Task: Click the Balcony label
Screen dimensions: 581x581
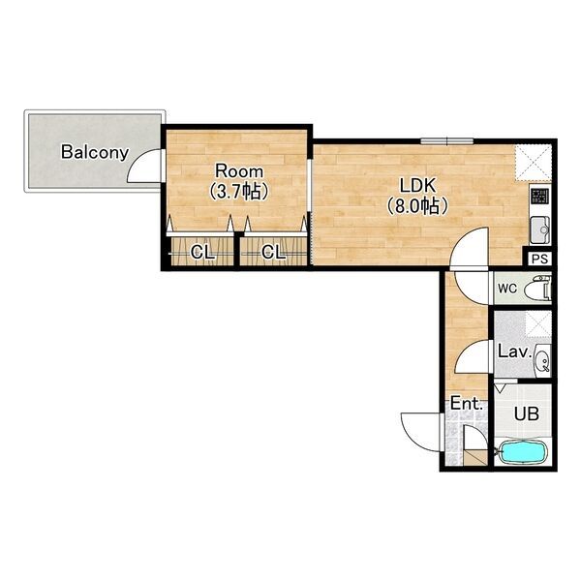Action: pos(95,152)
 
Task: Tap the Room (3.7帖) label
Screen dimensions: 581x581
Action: pos(239,182)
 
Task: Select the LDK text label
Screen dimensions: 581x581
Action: pos(417,186)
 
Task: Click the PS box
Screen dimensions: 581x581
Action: pos(539,259)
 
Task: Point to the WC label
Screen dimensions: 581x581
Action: pos(507,289)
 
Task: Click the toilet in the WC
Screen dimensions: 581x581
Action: pos(538,289)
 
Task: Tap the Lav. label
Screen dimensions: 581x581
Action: pos(515,352)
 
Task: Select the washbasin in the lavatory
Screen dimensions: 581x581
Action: pos(543,360)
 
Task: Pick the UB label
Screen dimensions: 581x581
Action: pos(527,413)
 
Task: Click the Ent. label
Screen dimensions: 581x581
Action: pos(467,404)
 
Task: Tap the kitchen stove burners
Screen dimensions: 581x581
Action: pos(540,197)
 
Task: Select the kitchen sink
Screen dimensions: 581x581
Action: pos(540,230)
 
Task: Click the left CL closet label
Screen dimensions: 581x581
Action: pos(202,253)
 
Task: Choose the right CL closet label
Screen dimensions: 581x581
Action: pos(273,253)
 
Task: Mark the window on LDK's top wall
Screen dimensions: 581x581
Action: pos(447,140)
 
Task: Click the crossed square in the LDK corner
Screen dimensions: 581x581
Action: pos(534,163)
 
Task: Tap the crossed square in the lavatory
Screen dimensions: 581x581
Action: pos(538,323)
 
